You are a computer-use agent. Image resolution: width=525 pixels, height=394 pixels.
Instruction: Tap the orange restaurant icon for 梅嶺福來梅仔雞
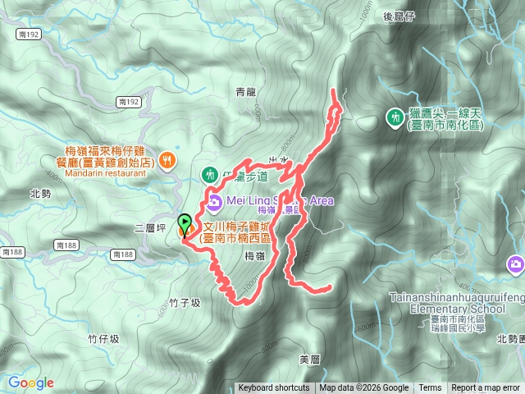point(167,159)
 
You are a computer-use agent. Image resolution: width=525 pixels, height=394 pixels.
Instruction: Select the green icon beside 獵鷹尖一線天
point(394,118)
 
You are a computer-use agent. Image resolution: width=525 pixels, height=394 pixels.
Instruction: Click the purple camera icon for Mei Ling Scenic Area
point(214,201)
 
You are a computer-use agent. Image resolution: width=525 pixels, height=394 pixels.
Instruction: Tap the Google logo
point(30,383)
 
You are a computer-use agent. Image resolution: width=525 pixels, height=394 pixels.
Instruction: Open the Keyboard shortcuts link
point(274,388)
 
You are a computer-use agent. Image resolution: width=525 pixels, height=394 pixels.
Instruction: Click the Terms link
point(430,388)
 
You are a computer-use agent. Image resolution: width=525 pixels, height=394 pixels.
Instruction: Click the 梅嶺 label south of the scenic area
point(254,257)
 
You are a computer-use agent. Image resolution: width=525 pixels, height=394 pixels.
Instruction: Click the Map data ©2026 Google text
point(363,388)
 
